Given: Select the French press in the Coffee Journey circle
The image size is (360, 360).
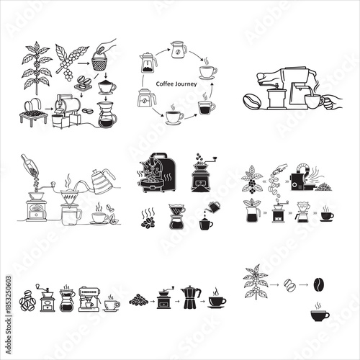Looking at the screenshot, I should click(x=149, y=62).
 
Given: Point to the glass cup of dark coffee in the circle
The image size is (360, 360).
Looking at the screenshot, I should click(x=206, y=107).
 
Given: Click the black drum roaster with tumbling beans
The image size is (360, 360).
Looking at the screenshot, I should click(x=158, y=174).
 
